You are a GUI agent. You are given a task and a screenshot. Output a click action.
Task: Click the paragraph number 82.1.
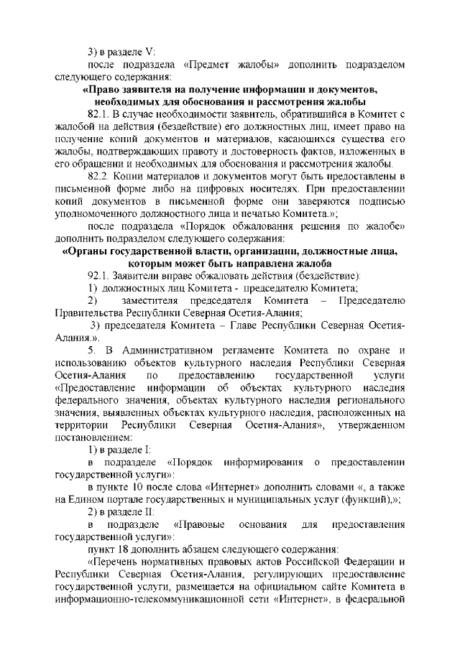[x=97, y=114]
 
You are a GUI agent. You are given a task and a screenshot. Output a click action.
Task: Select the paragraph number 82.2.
[x=97, y=176]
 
